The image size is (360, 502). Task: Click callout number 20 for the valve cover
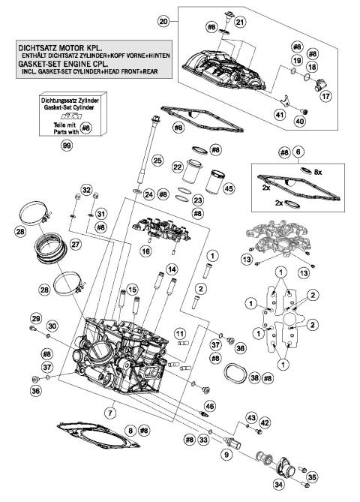[x=163, y=23]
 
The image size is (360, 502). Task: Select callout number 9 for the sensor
[x=224, y=454]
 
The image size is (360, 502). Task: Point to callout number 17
[x=326, y=96]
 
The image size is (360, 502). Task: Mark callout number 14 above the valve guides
[x=172, y=269]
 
